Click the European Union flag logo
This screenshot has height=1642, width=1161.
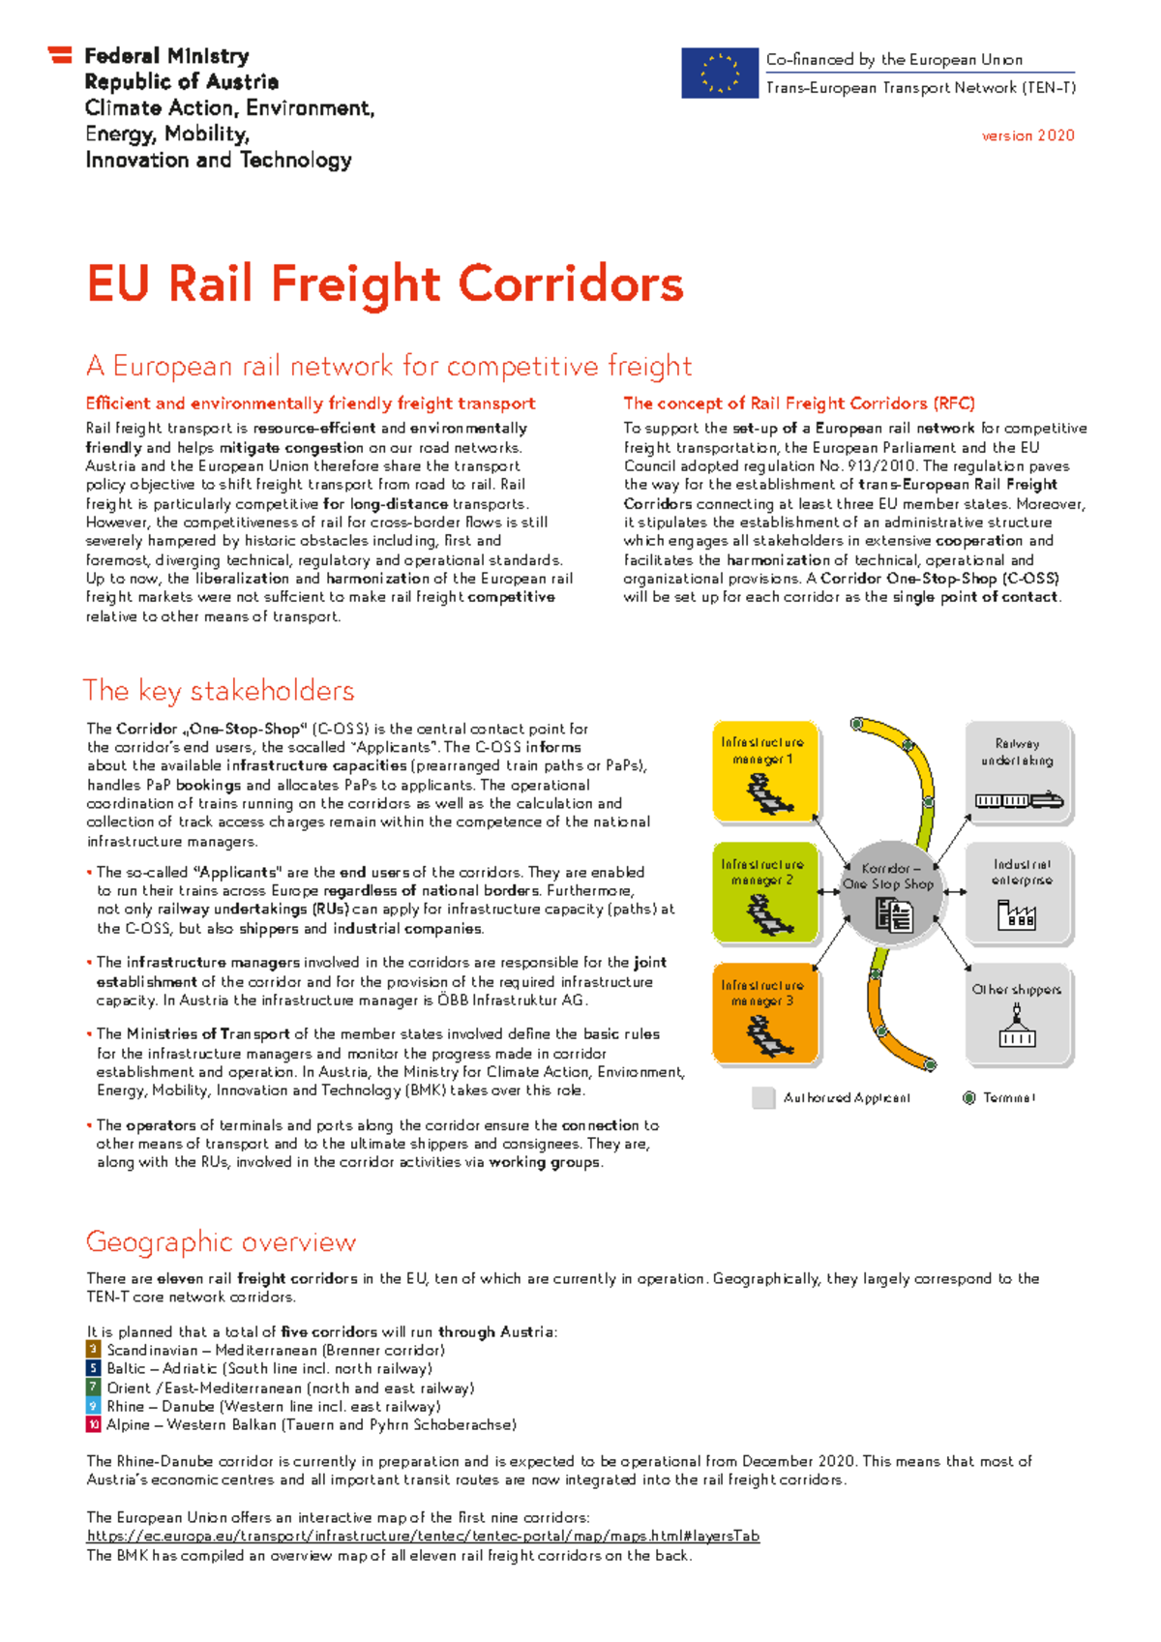pos(719,74)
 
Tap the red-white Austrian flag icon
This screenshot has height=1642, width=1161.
pos(60,55)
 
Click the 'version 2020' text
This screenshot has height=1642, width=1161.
pos(1027,135)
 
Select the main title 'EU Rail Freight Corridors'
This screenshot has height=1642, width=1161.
pos(385,284)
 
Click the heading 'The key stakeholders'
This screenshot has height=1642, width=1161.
pos(219,691)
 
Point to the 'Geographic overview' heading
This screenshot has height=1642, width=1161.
pos(221,1241)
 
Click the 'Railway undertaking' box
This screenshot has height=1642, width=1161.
pos(1018,772)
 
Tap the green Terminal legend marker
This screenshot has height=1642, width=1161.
pos(968,1098)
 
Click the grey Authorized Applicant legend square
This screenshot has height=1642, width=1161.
pos(764,1098)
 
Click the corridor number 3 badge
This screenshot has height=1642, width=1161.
pos(93,1350)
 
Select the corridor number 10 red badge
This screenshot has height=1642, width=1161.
pos(93,1424)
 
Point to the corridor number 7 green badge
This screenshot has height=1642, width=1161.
pos(93,1388)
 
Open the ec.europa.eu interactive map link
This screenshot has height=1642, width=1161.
pos(423,1536)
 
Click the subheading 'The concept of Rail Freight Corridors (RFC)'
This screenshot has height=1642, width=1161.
pos(798,403)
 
